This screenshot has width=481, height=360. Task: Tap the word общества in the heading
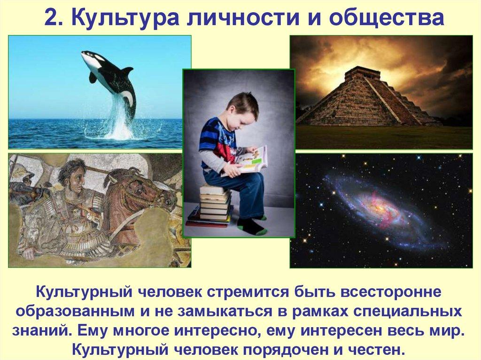coord(386,18)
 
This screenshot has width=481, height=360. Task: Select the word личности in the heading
coord(243,18)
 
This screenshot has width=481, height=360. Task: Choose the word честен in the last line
coord(378,349)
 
